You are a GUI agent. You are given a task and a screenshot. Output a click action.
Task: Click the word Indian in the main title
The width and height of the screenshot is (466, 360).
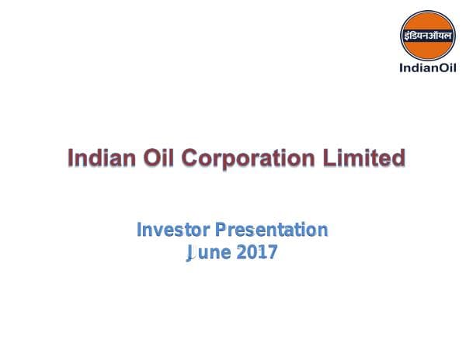click(98, 158)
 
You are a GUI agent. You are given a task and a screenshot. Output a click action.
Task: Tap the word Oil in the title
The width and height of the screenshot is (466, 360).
click(155, 158)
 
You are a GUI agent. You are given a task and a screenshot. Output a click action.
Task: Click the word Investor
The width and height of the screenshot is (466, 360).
click(172, 230)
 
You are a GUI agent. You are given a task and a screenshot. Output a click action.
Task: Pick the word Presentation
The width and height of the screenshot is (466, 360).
click(272, 230)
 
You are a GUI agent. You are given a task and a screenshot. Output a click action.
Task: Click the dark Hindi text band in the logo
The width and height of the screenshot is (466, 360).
click(426, 36)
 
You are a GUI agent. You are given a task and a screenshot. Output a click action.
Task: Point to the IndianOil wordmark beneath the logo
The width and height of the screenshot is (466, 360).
click(426, 67)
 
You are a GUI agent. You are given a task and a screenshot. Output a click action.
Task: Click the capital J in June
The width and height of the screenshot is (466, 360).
click(189, 252)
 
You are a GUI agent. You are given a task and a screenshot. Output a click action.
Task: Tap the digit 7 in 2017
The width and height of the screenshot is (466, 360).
click(272, 252)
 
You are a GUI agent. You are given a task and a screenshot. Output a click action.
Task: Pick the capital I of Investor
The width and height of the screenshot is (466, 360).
click(139, 230)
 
